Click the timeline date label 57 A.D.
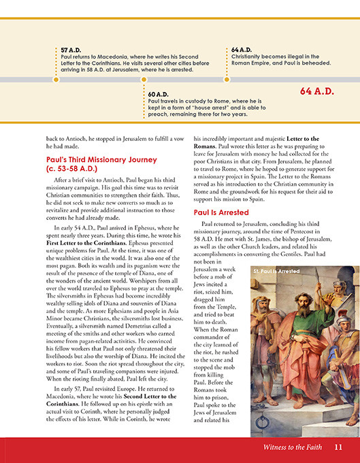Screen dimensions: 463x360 click(x=70, y=50)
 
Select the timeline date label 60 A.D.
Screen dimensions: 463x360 click(x=158, y=94)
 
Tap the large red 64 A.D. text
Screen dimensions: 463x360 click(x=317, y=91)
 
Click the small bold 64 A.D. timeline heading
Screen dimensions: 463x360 click(x=242, y=50)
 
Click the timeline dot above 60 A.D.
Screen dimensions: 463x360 click(x=143, y=84)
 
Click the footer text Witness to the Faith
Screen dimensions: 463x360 click(x=293, y=447)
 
